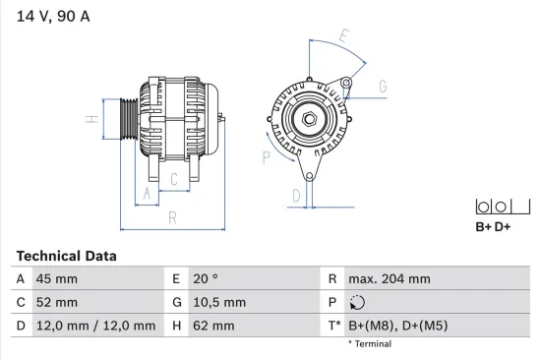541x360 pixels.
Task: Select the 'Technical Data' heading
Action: (x=66, y=256)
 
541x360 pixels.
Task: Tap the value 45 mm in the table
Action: (x=57, y=279)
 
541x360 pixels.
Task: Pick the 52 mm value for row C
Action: (x=57, y=302)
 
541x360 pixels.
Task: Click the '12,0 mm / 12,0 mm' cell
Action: (x=95, y=326)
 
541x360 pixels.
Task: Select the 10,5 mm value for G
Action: (x=218, y=302)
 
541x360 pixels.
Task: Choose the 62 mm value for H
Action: (x=213, y=326)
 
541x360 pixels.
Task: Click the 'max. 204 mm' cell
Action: (x=390, y=279)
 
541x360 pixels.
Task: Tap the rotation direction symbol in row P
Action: (x=357, y=303)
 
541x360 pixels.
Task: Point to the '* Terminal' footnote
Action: (x=369, y=344)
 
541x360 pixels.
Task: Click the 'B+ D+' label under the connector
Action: (x=493, y=227)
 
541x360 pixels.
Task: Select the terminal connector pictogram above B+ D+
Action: (x=493, y=208)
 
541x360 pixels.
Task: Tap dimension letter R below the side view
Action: (x=172, y=217)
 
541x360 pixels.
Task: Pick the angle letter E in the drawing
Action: (x=342, y=37)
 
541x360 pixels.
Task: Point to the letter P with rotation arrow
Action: (x=266, y=156)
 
